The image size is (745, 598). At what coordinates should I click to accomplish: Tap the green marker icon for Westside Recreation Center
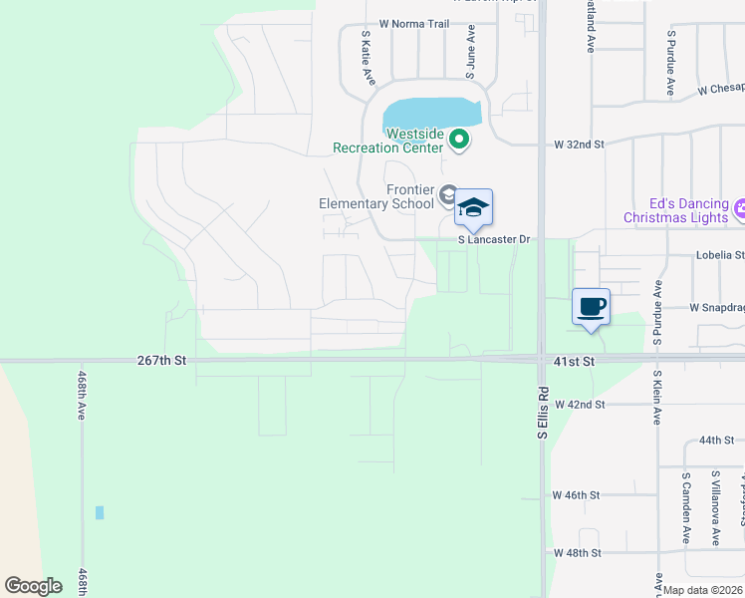pos(459,141)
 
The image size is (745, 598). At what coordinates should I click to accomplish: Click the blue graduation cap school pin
pos(473,207)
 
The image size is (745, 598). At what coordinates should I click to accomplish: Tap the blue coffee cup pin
pos(591,306)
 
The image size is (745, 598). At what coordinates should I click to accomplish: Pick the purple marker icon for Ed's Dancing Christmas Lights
pos(739,209)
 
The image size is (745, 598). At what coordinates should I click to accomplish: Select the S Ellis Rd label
pos(543,413)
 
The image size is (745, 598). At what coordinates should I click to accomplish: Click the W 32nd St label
pos(580,145)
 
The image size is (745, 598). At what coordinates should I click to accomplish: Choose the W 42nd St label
pos(581,405)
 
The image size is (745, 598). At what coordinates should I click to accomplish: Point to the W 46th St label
pos(577,494)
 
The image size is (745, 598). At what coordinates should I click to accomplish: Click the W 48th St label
pos(578,552)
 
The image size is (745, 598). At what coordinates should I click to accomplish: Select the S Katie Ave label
pos(368,56)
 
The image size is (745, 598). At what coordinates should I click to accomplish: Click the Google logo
pos(33,586)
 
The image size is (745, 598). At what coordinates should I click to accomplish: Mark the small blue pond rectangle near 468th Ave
pos(100,512)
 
